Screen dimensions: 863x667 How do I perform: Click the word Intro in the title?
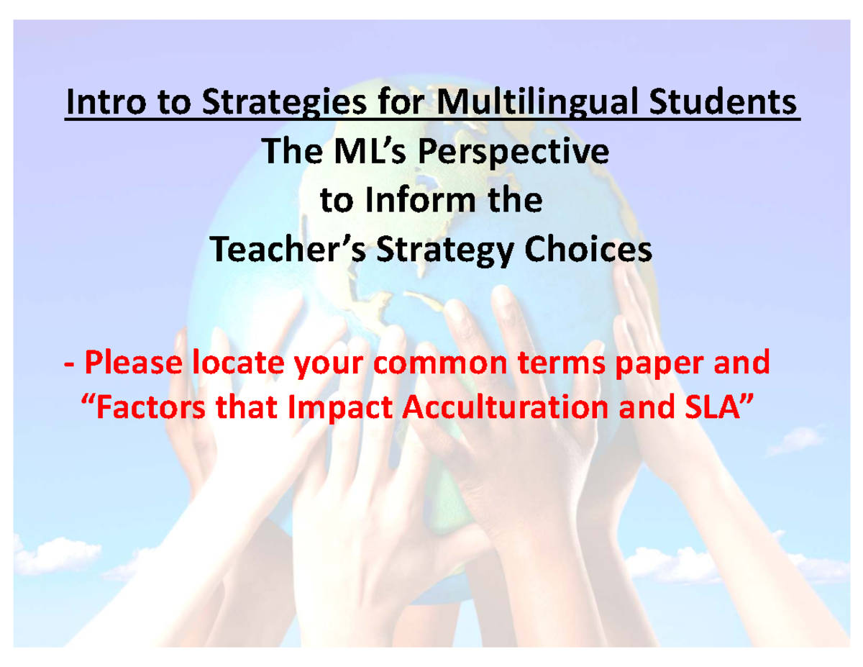coord(107,101)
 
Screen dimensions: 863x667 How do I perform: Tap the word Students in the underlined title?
coord(723,101)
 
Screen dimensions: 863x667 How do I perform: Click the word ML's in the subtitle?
coord(370,151)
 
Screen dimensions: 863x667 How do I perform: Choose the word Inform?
coord(420,200)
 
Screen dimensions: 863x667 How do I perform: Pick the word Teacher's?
coord(288,249)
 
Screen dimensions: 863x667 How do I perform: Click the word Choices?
coord(588,249)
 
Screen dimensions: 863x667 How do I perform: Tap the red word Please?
coord(134,362)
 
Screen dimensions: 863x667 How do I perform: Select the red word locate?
coord(238,362)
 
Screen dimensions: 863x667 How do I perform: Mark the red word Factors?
coord(151,407)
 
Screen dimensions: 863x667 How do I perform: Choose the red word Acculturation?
coord(505,407)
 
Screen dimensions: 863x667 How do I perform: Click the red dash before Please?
coord(69,366)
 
